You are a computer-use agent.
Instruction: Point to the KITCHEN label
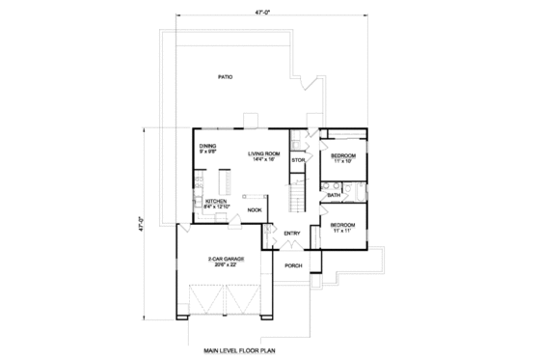point(216,201)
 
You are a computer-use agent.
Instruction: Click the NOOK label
point(255,209)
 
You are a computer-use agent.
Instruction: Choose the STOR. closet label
point(298,159)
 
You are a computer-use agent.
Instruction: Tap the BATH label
point(334,195)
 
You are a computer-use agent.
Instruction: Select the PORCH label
point(295,266)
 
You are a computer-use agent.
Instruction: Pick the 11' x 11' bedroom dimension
point(343,229)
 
